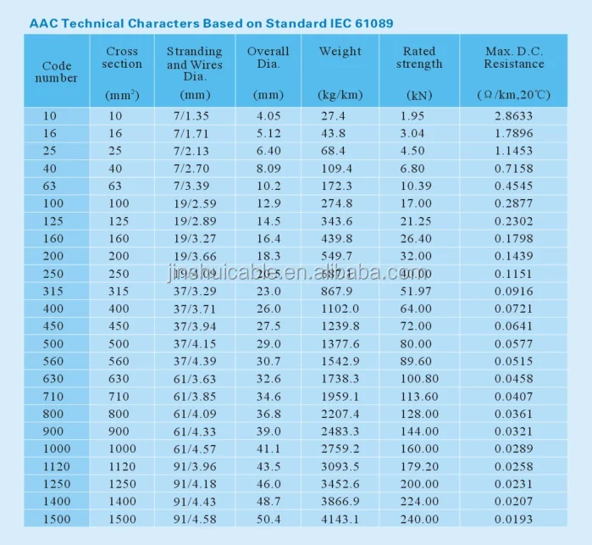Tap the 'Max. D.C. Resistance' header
click(x=515, y=58)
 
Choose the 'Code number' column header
click(x=57, y=71)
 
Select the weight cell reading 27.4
click(x=334, y=115)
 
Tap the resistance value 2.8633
click(x=515, y=115)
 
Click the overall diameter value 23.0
click(x=268, y=292)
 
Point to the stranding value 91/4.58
click(x=194, y=519)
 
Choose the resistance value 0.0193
click(x=515, y=519)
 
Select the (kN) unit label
click(x=418, y=95)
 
